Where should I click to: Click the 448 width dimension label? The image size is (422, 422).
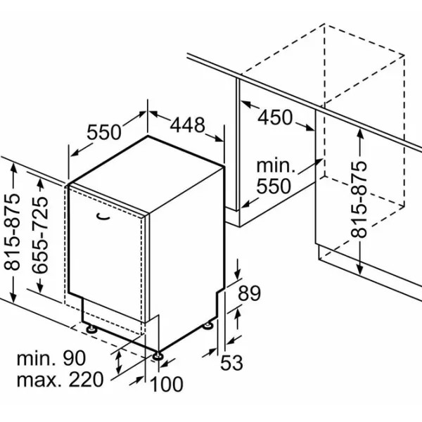[x=188, y=125]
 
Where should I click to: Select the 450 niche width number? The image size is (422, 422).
[x=275, y=117]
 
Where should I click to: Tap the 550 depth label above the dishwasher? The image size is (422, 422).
[x=104, y=132]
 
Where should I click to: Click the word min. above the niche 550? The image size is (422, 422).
[x=276, y=166]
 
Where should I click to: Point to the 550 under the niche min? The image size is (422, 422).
[x=274, y=186]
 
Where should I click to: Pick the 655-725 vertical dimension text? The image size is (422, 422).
[x=40, y=235]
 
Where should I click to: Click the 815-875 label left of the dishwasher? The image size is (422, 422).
[x=13, y=231]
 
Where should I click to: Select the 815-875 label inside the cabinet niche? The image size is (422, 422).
[x=359, y=200]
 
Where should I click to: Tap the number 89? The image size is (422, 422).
[x=249, y=293]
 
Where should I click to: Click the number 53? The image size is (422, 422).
[x=231, y=363]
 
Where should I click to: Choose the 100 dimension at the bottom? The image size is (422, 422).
[x=166, y=384]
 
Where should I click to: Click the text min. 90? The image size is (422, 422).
[x=51, y=358]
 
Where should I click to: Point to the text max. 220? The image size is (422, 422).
[x=60, y=380]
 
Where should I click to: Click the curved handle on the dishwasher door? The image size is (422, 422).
[x=103, y=216]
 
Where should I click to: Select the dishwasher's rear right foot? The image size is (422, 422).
[x=207, y=326]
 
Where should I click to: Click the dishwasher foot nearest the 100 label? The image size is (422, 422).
[x=158, y=356]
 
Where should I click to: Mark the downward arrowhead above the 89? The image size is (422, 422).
[x=237, y=274]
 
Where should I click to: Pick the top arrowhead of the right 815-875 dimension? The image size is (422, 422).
[x=361, y=134]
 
